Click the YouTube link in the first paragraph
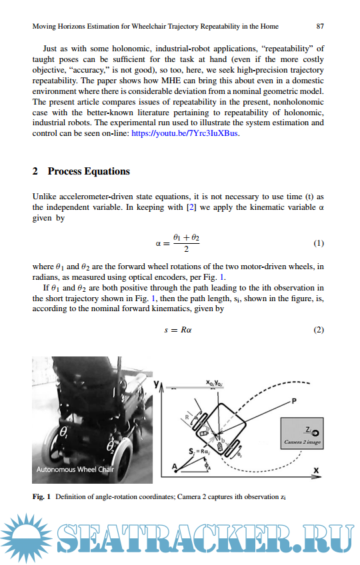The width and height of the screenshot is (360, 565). pos(184,133)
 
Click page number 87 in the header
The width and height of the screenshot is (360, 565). pos(320,26)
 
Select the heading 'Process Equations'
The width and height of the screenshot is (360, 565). pos(89,171)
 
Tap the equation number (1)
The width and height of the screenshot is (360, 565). pos(319,243)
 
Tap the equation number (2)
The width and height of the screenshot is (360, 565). pos(319,330)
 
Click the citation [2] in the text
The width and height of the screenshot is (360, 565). pos(191,207)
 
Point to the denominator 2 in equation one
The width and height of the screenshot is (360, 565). pos(186,249)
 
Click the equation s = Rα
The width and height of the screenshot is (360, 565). pos(178,330)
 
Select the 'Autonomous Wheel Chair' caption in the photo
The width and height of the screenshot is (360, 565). pos(75,470)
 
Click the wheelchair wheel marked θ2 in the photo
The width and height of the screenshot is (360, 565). pos(121,458)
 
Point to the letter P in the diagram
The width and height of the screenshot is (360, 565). pos(294,401)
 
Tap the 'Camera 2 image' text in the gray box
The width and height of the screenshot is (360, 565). pos(302,442)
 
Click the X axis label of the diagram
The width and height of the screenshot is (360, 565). pos(317,470)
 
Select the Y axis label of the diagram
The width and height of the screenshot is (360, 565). pos(156,384)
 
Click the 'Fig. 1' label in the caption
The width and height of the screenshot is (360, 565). pos(41,496)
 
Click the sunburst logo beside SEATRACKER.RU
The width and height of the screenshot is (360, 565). pos(26,538)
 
